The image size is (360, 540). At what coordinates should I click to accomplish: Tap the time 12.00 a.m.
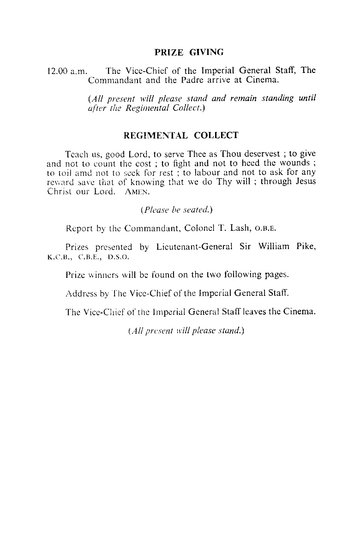[x=64, y=72]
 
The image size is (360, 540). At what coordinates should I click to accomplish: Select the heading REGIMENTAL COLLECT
[x=181, y=136]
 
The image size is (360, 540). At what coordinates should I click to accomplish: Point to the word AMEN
[x=135, y=192]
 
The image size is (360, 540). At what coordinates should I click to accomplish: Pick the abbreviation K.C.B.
[x=59, y=256]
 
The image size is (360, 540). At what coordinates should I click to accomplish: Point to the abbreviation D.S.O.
[x=119, y=256]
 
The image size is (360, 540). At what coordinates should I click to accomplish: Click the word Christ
[x=61, y=192]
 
